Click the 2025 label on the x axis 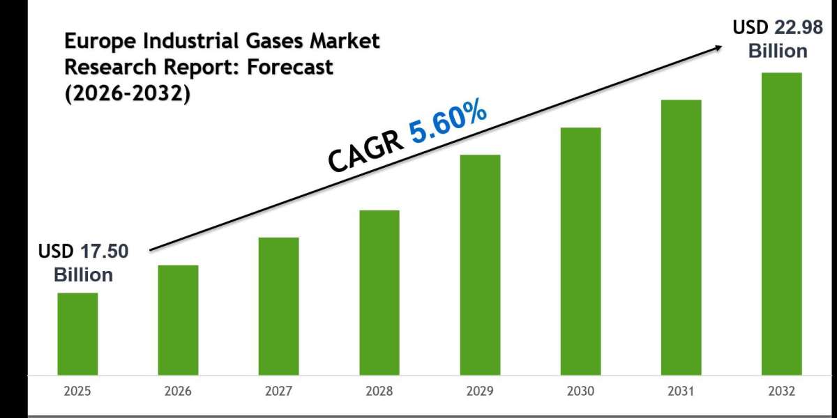click(x=77, y=392)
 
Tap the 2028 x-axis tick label click(x=379, y=392)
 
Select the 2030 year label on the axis click(x=580, y=392)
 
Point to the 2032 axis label click(x=781, y=392)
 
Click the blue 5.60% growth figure click(x=448, y=123)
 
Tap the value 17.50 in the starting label click(x=105, y=252)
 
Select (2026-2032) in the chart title click(x=128, y=93)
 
